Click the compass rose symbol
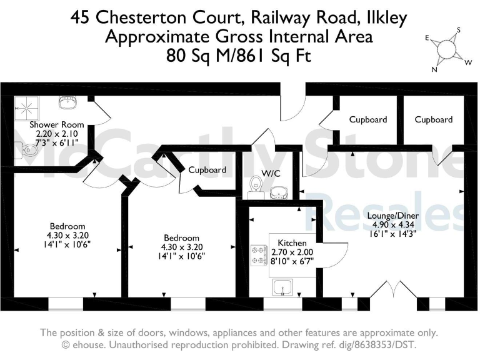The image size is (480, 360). point(447,48)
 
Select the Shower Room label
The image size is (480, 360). point(57,124)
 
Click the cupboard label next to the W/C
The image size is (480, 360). point(207,169)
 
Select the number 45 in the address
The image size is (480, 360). point(79,17)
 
